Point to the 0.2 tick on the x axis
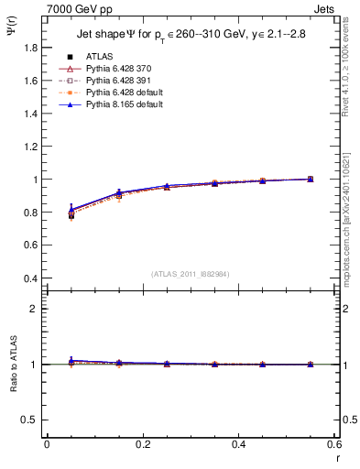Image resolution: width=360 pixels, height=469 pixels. (x=142, y=444)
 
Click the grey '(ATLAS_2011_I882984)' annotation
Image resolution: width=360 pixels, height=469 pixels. (x=190, y=273)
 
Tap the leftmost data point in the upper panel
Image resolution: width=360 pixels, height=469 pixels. (x=71, y=213)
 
